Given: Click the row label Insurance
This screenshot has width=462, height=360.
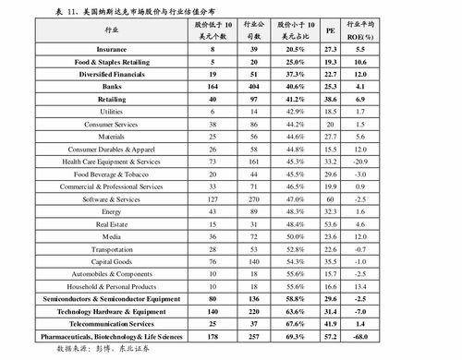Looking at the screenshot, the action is (x=112, y=48).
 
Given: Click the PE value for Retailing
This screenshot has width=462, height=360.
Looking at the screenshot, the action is (x=330, y=97).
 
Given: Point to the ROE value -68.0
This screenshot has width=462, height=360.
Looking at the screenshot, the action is (x=361, y=337).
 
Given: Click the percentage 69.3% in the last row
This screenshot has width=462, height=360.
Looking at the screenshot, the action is (x=295, y=337).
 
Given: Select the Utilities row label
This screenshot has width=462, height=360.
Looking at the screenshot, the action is (x=112, y=110).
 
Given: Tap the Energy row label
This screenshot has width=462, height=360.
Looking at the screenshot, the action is (x=112, y=211).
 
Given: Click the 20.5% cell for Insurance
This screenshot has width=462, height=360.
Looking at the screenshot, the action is (x=295, y=48).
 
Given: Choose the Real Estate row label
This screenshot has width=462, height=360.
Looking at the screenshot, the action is (x=112, y=224).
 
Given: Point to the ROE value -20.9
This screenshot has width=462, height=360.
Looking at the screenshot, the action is (x=361, y=161).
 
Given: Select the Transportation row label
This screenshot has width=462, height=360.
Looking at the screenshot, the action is (x=112, y=249).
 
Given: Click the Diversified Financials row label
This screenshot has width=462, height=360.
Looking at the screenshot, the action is (x=112, y=73).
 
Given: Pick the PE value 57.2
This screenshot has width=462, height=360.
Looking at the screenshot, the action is (x=330, y=337).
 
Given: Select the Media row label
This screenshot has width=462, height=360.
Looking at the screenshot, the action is (x=112, y=236).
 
